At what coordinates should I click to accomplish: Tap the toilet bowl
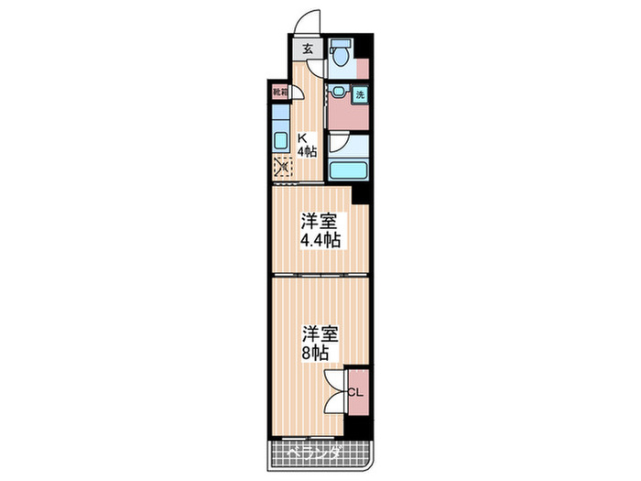coord(340,57)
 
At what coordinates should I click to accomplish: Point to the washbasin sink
coord(340,92)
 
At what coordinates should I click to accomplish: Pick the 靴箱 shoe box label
coord(278,92)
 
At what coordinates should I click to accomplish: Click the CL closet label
coord(357,392)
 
